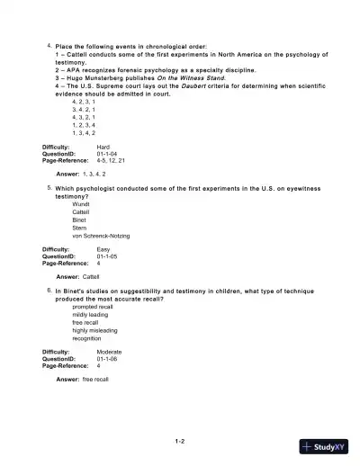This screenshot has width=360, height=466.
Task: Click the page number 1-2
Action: (180, 441)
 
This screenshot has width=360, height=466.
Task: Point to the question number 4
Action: (49, 44)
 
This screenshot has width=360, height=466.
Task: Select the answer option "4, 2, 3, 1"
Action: (85, 103)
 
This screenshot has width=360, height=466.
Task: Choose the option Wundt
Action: (81, 204)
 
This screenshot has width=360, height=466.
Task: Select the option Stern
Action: (80, 228)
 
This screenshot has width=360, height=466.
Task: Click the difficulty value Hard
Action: (103, 146)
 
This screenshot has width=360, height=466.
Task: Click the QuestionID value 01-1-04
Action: (107, 154)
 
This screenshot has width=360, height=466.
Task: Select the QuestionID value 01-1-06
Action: (107, 358)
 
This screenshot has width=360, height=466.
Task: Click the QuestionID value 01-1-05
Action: (107, 256)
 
